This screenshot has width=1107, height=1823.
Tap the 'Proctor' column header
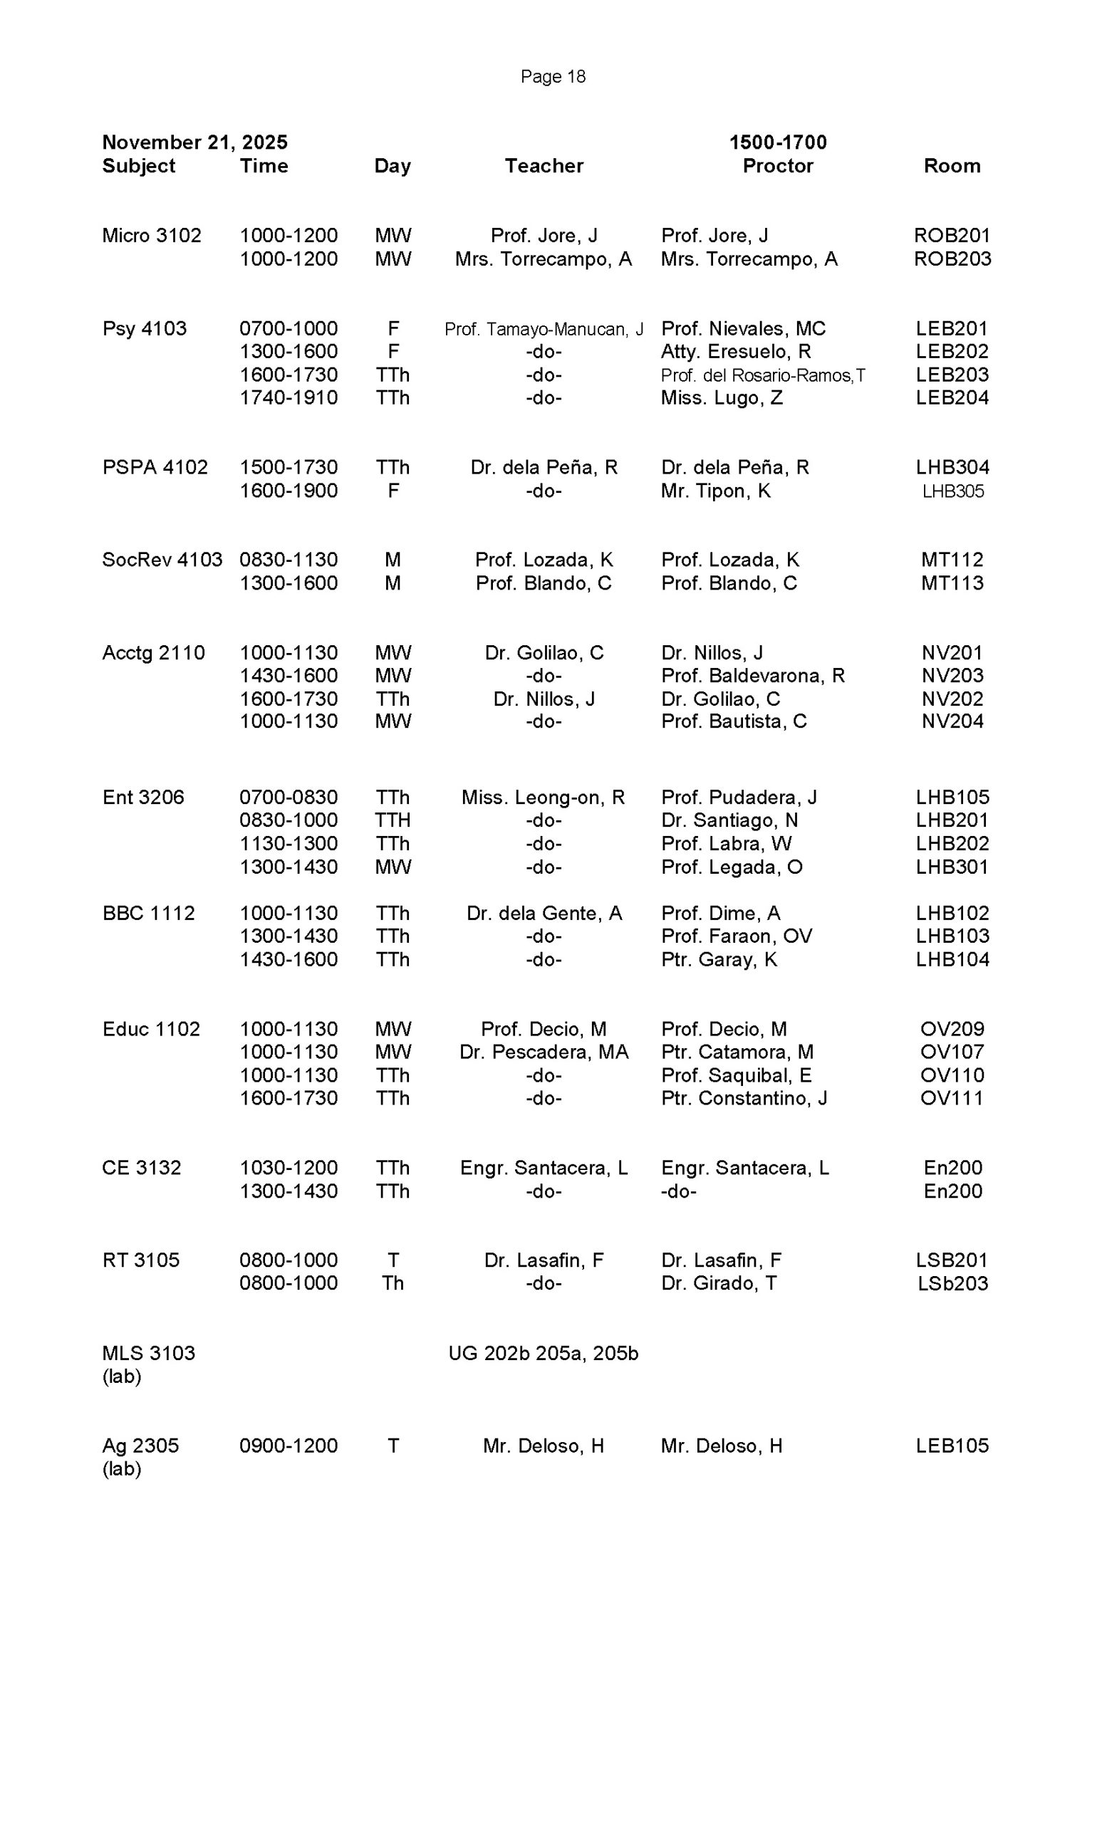pyautogui.click(x=777, y=166)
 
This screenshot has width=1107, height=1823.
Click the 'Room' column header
pyautogui.click(x=952, y=166)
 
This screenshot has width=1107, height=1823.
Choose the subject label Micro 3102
pyautogui.click(x=152, y=235)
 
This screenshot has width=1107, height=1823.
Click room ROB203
pyautogui.click(x=952, y=259)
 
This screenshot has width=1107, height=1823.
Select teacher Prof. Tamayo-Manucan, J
pyautogui.click(x=543, y=329)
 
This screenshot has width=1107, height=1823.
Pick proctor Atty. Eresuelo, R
pyautogui.click(x=736, y=352)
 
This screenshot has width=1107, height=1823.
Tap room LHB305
pyautogui.click(x=952, y=491)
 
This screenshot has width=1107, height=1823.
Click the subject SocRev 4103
pyautogui.click(x=162, y=560)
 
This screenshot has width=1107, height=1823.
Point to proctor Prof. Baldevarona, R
pyautogui.click(x=752, y=676)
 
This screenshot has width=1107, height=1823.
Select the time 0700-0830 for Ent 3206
pyautogui.click(x=288, y=798)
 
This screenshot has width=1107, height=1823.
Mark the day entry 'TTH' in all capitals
pyautogui.click(x=393, y=820)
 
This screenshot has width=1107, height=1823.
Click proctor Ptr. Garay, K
pyautogui.click(x=719, y=960)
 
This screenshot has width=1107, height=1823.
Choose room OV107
pyautogui.click(x=952, y=1052)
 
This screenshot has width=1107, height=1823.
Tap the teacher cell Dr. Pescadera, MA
pyautogui.click(x=543, y=1052)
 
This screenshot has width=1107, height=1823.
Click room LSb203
pyautogui.click(x=952, y=1284)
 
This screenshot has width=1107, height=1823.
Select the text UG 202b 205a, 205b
pyautogui.click(x=543, y=1353)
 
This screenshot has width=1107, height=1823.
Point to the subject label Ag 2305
pyautogui.click(x=140, y=1446)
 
